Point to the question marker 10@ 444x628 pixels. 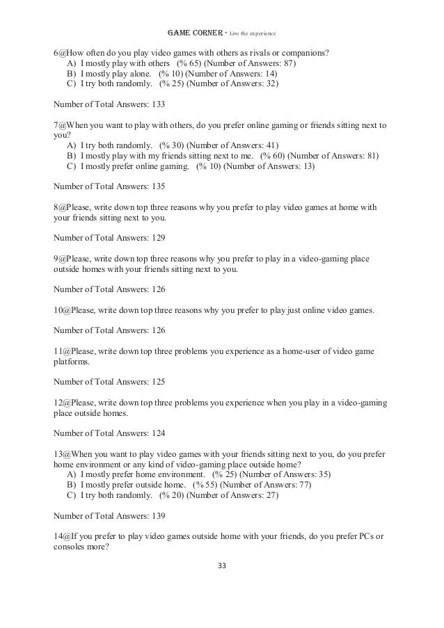coord(61,309)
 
